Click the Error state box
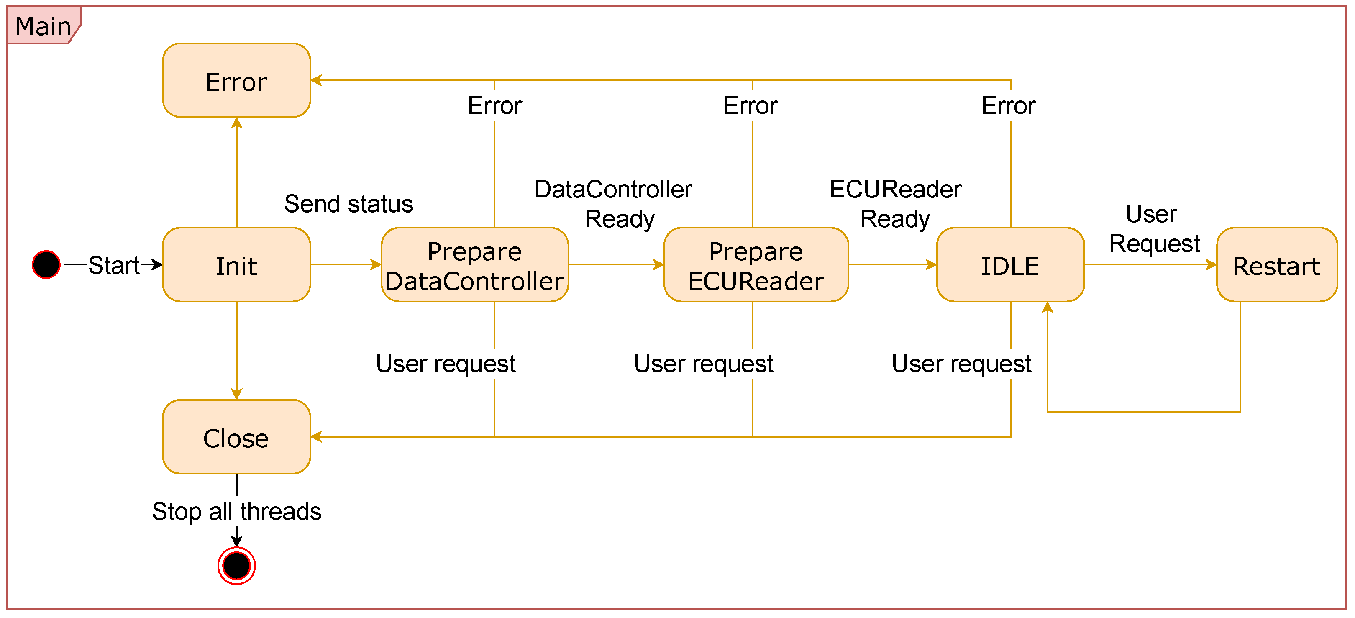(236, 80)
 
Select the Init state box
(236, 264)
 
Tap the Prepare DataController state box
(474, 264)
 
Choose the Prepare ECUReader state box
(756, 264)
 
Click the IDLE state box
(1010, 264)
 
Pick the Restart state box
(1277, 264)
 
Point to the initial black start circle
(46, 264)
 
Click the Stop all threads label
(237, 511)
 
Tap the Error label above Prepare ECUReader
(751, 106)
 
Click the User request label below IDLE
(961, 364)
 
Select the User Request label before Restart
(1153, 229)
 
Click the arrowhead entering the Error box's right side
(316, 80)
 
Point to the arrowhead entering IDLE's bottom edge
(1047, 307)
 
